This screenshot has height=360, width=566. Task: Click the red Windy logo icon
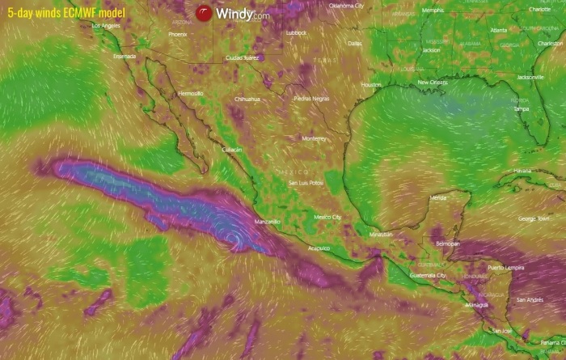tap(203, 13)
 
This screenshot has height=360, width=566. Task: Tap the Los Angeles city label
tap(106, 26)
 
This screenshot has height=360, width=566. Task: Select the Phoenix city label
tap(177, 35)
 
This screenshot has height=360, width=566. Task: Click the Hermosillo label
tap(190, 94)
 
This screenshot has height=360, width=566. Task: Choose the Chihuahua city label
tap(247, 99)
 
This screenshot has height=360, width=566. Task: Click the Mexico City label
tap(327, 217)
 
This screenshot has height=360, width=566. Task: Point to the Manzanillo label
tap(267, 221)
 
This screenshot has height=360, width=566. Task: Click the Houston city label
tap(371, 84)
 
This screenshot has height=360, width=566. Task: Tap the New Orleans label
tap(433, 83)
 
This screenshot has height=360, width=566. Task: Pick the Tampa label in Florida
tap(522, 108)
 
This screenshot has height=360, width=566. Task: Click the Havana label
tap(522, 171)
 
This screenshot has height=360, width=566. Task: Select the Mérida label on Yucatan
tap(439, 197)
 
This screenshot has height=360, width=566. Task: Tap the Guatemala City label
tap(429, 276)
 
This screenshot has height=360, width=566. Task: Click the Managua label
tap(477, 305)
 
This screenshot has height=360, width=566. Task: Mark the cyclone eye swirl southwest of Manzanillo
tap(233, 238)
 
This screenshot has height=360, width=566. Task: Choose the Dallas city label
tap(354, 43)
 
